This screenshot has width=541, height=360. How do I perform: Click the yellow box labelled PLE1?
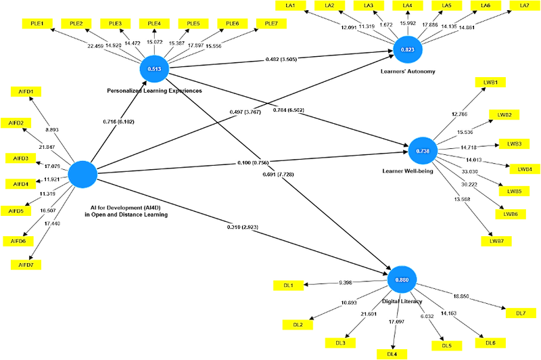coord(37,23)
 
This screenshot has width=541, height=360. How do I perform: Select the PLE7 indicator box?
coord(271,23)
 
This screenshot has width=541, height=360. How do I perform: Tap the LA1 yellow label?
coord(291,5)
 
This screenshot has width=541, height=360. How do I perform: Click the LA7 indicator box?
coord(524,5)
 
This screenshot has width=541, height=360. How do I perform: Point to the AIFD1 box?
coord(26,91)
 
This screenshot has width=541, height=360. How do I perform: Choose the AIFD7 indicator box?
coord(26,264)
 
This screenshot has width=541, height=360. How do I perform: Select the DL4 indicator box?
coord(392,353)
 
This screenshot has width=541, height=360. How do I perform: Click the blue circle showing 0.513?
coord(154,68)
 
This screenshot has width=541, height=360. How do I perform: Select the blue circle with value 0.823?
coord(408,49)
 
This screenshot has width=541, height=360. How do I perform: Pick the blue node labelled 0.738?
coord(423,150)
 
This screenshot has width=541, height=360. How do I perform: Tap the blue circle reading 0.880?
coord(402,279)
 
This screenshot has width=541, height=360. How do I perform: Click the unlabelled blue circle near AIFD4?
coord(83,175)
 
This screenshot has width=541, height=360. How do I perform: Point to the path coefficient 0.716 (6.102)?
coord(118,122)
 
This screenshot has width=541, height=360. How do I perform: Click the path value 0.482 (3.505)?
coord(281,60)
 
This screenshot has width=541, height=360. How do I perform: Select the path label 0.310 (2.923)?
coord(242,227)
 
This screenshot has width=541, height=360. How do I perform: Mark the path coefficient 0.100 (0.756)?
coord(253,163)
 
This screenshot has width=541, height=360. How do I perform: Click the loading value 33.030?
coord(469,172)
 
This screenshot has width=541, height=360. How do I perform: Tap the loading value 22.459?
coord(95,46)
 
